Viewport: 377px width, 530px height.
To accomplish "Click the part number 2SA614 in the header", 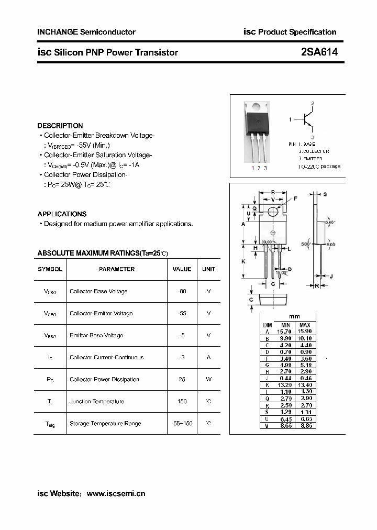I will (x=319, y=52).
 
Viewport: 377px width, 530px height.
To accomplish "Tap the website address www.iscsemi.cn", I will (x=116, y=493).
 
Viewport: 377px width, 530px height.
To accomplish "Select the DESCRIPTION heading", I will (x=60, y=126).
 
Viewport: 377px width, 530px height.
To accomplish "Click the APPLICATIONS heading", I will (x=62, y=214).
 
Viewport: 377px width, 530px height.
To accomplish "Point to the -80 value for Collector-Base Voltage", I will (x=182, y=291).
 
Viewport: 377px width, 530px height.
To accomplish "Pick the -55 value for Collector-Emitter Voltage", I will (x=182, y=313).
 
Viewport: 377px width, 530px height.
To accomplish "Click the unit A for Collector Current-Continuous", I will (x=208, y=357).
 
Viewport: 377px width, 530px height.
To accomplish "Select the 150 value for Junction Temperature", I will (x=182, y=401).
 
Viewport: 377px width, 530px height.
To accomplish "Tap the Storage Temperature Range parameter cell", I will (x=105, y=423).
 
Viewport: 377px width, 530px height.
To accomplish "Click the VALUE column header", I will (x=182, y=269).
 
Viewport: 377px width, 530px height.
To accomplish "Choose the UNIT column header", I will (x=208, y=269).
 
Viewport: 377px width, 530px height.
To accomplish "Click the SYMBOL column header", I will (x=50, y=269).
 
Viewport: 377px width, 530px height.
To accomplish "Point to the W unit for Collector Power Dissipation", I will (x=208, y=379).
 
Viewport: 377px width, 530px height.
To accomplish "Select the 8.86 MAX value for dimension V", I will (x=305, y=426).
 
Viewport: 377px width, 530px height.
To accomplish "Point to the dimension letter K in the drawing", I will (x=243, y=260).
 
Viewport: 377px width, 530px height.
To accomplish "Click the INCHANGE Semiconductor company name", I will (x=86, y=32).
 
